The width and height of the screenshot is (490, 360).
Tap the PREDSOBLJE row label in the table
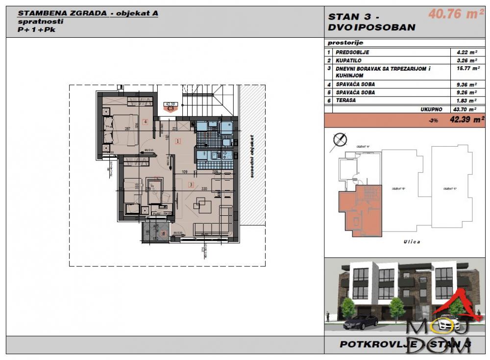(352, 51)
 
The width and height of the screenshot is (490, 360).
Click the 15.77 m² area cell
(465, 69)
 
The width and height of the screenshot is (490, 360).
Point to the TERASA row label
(346, 100)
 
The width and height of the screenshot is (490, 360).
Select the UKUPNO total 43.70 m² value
(465, 109)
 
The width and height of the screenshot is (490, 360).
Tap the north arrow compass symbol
(339, 140)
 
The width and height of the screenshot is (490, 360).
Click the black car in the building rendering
(361, 323)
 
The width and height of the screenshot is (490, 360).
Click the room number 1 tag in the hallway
(178, 141)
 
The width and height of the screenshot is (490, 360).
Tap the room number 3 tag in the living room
(191, 184)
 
